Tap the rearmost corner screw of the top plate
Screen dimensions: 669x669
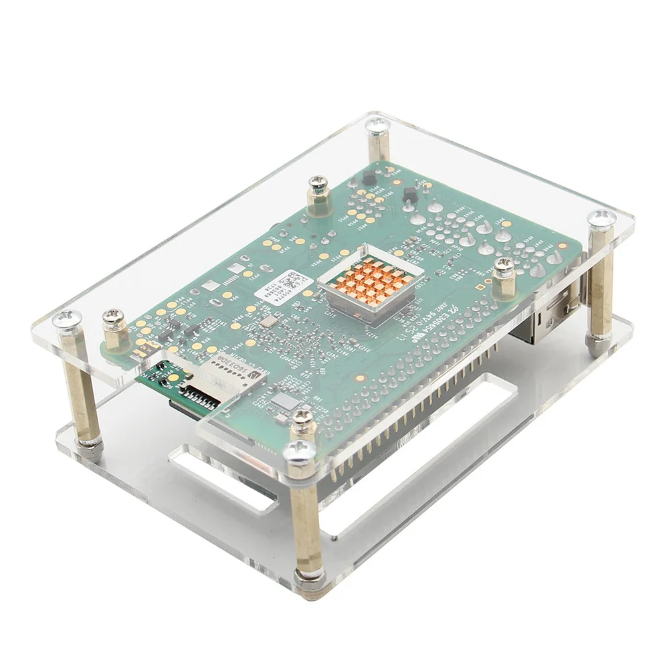[377, 124]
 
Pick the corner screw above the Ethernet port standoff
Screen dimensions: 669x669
[600, 218]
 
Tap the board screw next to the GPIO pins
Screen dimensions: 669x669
[303, 419]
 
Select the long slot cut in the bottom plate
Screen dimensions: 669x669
[428, 455]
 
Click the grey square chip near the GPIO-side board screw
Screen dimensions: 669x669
[285, 401]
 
